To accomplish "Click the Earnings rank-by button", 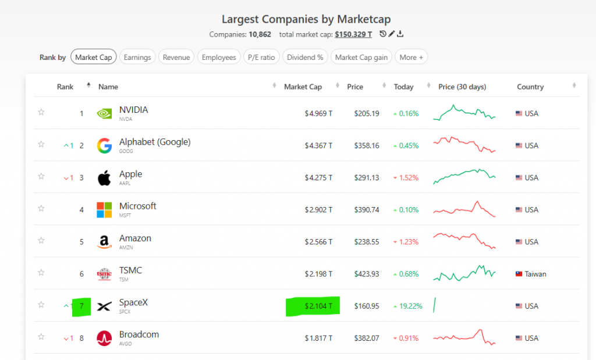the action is pos(137,57).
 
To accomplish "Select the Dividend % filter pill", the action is pos(305,57).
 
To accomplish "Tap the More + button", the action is pos(411,57).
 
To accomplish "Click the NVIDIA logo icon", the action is pos(104,113).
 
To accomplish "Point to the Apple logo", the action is pos(104,177).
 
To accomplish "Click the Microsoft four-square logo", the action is pos(104,209).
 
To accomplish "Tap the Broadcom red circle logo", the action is pos(104,338).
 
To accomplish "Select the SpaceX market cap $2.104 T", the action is pos(318,306).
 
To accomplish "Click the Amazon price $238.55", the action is pos(367,242).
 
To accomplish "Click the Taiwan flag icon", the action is pos(519,274).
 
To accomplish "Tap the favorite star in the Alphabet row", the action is pos(41,144).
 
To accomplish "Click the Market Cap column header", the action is pos(303,87).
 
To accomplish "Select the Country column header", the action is pos(530,87).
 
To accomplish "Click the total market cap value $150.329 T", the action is pos(353,34).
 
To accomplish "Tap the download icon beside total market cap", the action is pos(400,34).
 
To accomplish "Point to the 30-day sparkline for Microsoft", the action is pos(464,209).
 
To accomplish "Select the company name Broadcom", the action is pos(139,334).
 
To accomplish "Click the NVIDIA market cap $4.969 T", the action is pos(318,113).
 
